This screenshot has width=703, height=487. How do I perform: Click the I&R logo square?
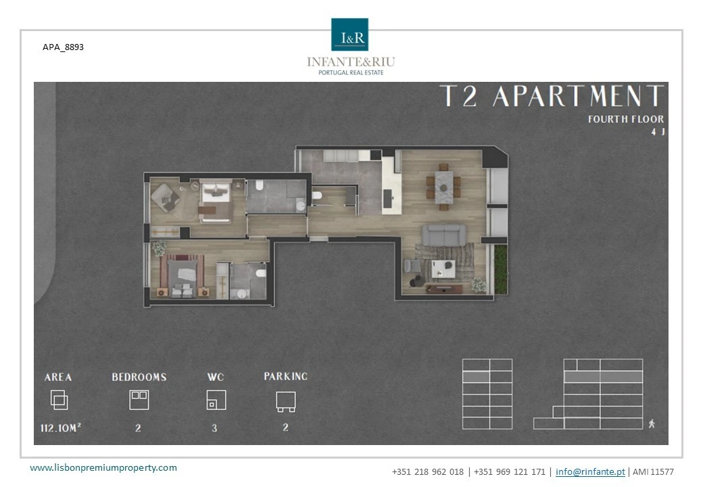click(349, 34)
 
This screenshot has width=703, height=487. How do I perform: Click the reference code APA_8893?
click(64, 47)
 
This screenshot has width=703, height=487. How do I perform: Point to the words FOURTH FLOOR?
click(626, 119)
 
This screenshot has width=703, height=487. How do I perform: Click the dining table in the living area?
click(443, 187)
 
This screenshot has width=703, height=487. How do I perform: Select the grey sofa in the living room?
click(444, 235)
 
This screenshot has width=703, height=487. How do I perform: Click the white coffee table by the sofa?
click(443, 269)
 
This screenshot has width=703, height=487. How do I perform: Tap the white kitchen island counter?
click(391, 185)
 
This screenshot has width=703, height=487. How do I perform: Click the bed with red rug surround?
click(183, 277)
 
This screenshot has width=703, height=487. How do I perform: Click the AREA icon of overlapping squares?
click(59, 400)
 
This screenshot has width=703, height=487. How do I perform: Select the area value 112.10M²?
click(61, 427)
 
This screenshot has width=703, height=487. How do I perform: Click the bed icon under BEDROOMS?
click(139, 400)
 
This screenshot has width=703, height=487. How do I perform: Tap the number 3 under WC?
click(214, 428)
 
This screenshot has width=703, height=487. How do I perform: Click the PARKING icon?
click(285, 402)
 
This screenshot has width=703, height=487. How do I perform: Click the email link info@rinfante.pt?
click(590, 471)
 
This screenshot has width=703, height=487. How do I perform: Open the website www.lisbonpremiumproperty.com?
click(103, 467)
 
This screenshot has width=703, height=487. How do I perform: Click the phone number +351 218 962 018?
click(428, 471)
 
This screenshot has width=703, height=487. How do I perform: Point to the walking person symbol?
click(652, 423)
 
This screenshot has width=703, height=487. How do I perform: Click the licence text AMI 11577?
click(653, 471)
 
